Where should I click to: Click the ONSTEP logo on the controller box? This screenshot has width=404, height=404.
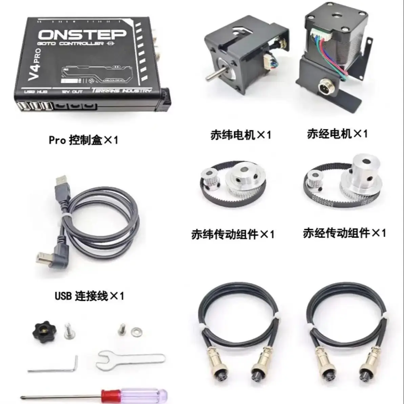pyautogui.click(x=82, y=34)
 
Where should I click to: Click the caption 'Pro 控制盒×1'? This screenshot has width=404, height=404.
pyautogui.click(x=83, y=140)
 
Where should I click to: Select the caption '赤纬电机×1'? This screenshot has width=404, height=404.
pyautogui.click(x=240, y=135)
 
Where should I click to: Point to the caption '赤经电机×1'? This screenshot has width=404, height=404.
pyautogui.click(x=337, y=134)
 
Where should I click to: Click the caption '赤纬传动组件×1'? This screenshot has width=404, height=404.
pyautogui.click(x=232, y=234)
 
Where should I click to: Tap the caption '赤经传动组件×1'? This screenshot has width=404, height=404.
pyautogui.click(x=344, y=233)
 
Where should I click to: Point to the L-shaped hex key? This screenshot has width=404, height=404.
pyautogui.click(x=54, y=367)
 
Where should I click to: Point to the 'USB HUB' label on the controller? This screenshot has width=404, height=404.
pyautogui.click(x=36, y=92)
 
